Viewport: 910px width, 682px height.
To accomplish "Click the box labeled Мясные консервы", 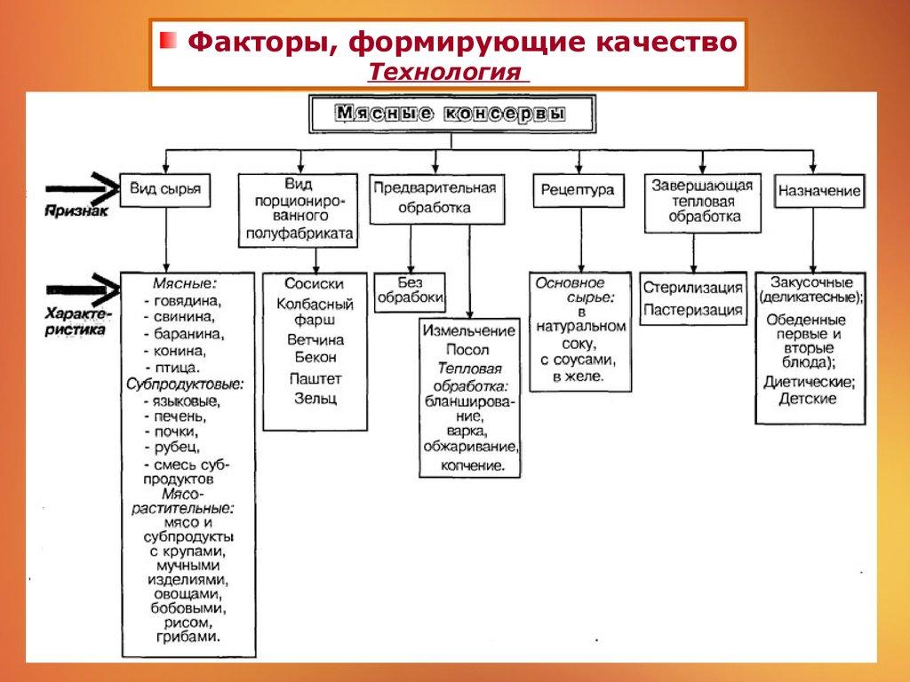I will [x=451, y=114].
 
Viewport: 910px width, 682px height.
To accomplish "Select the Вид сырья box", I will [x=165, y=189].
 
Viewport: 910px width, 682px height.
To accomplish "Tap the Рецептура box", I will [x=578, y=190].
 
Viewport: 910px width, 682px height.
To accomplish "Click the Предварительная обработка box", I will [x=435, y=198].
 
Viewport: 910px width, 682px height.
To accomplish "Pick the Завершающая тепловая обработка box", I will [x=702, y=202].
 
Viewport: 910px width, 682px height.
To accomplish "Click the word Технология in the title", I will [x=444, y=71].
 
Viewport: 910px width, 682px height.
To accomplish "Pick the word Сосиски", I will [x=314, y=283].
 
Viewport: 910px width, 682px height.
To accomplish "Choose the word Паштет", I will [x=315, y=378].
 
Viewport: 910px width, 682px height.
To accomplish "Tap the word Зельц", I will [x=315, y=399].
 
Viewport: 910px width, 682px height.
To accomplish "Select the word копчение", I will [x=470, y=464].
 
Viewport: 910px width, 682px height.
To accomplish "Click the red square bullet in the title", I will [x=168, y=41].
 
